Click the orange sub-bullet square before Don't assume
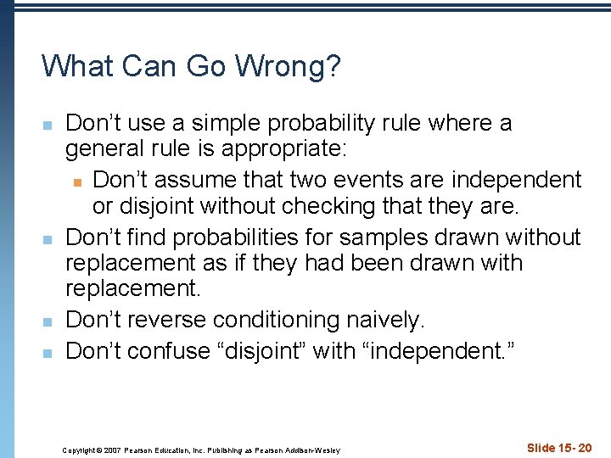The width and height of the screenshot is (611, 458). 77,181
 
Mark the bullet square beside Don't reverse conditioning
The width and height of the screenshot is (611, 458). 48,321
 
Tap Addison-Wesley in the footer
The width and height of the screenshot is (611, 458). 314,450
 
